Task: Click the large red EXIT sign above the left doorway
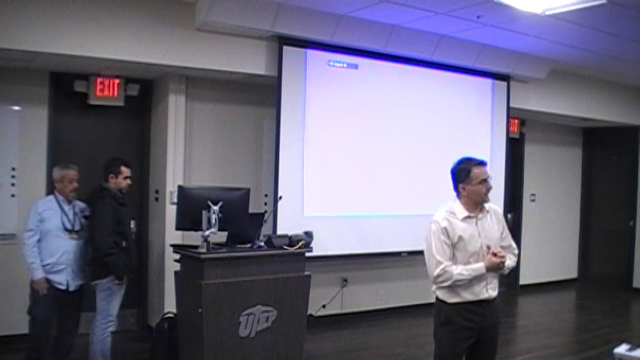pos(106,88)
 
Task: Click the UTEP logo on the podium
pos(257,320)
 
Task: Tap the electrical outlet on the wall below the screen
pos(344,281)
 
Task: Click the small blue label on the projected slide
pos(342,64)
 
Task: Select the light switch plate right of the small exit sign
pos(533,197)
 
